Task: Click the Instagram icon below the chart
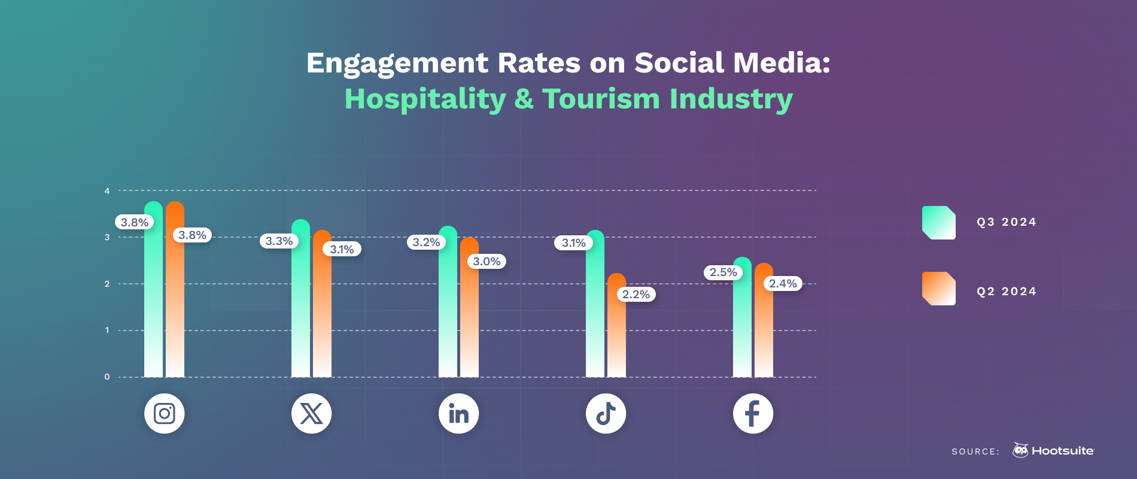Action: point(164,413)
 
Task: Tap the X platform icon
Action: point(311,413)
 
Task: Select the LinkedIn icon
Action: point(458,413)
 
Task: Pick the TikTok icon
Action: point(606,413)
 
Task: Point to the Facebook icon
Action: point(753,413)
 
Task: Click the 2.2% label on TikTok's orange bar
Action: point(636,294)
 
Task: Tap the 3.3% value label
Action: point(279,241)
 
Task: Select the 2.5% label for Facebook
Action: point(723,272)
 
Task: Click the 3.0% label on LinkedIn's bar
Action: point(487,262)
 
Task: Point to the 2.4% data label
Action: point(783,283)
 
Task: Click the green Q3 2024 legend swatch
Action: point(938,222)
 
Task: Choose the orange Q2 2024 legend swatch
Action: point(938,289)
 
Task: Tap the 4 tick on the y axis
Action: point(107,191)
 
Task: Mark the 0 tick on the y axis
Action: point(107,377)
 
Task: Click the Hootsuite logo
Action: point(1053,450)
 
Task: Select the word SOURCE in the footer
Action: point(975,451)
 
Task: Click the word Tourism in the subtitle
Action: point(601,99)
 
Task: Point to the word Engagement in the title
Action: point(397,63)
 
